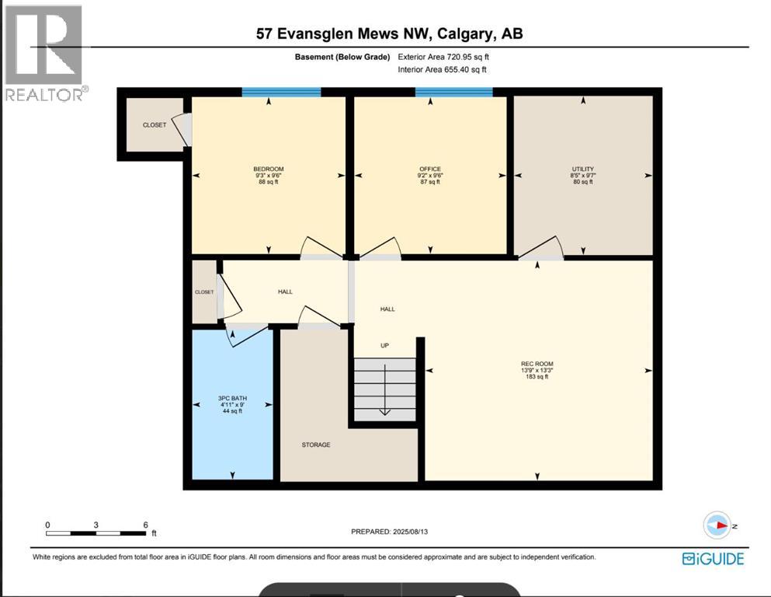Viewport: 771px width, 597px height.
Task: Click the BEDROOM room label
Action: (x=268, y=169)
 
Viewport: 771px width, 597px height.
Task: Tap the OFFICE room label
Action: (x=429, y=169)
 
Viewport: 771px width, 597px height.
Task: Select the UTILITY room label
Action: (x=582, y=169)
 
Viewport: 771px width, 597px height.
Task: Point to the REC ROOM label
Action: (x=537, y=364)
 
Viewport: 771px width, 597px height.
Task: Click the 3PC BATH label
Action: (x=232, y=398)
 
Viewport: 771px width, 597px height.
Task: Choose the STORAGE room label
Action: (x=316, y=445)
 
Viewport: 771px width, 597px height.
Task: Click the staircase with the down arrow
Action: (x=384, y=389)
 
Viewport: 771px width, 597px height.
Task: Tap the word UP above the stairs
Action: (x=384, y=345)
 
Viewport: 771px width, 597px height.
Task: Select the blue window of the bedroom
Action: (x=281, y=92)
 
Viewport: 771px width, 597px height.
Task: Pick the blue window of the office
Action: (x=453, y=92)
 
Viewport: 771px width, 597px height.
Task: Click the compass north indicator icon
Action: (x=717, y=525)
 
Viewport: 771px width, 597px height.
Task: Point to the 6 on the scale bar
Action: (x=145, y=525)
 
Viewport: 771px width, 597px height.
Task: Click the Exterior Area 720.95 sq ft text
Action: (x=443, y=57)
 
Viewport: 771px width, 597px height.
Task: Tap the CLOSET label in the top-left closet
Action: (x=154, y=125)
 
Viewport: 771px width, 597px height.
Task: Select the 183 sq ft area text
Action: (x=537, y=378)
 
